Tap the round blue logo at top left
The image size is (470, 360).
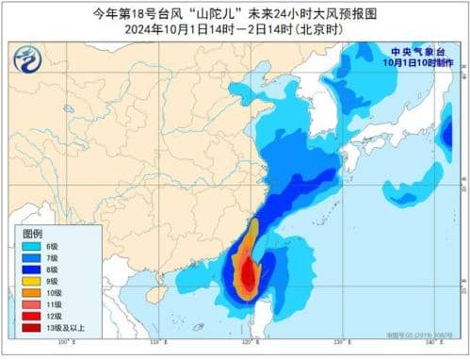pos(28,58)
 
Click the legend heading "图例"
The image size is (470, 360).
pos(33,233)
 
